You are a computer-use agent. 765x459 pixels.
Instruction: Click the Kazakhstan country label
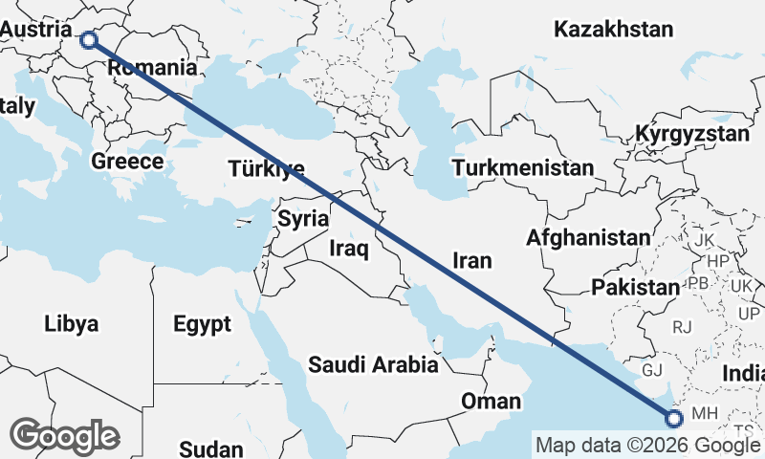click(x=613, y=30)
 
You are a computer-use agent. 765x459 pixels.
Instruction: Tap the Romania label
click(x=153, y=68)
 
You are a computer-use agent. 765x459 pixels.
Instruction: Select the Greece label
click(x=127, y=161)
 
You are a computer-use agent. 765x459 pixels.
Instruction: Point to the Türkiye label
click(x=266, y=170)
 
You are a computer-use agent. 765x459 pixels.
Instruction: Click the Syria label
click(x=303, y=219)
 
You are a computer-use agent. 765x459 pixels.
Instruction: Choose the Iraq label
click(x=348, y=249)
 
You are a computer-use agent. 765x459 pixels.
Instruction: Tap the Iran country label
click(x=471, y=260)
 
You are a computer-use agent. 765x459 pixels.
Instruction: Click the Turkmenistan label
click(x=523, y=168)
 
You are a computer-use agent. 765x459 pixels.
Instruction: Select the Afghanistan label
click(x=588, y=237)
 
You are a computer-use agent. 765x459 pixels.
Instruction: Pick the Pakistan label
click(x=634, y=287)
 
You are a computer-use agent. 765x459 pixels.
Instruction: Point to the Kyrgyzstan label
click(x=692, y=133)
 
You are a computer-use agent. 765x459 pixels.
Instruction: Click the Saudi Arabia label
click(x=373, y=364)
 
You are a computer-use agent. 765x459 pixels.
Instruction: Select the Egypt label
click(x=202, y=324)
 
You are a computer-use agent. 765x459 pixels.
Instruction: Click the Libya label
click(x=71, y=324)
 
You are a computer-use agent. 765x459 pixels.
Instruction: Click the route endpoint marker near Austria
click(x=89, y=39)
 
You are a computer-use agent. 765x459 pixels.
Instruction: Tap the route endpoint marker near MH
click(x=674, y=418)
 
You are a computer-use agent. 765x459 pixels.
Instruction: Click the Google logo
click(x=65, y=436)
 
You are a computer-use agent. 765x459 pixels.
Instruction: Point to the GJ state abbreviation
click(x=651, y=369)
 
